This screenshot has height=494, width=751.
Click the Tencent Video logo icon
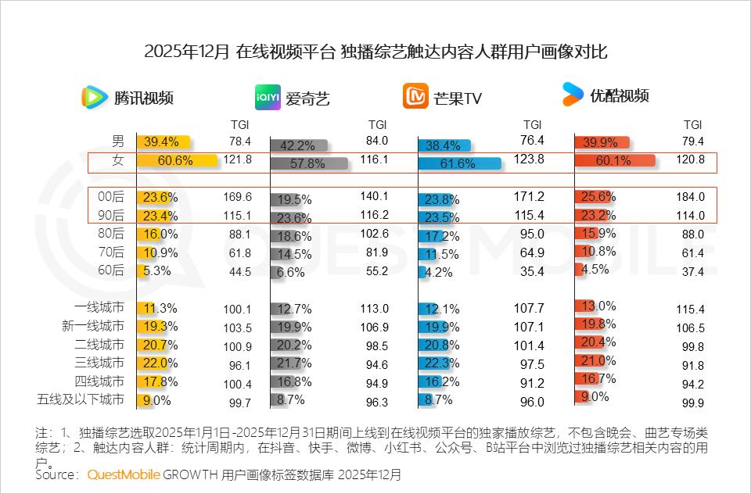[x=95, y=97]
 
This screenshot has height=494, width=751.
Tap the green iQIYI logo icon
[x=268, y=98]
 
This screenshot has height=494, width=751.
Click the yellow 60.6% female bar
[x=177, y=161]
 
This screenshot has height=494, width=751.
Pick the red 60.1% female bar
[x=614, y=161]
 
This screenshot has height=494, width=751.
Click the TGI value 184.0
[x=691, y=197]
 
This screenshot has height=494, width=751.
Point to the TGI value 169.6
[x=235, y=197]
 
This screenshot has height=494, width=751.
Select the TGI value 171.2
[x=533, y=197]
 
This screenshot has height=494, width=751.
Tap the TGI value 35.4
[x=533, y=272]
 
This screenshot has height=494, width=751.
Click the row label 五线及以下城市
[x=81, y=400]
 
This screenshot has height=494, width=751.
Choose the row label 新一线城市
[x=92, y=326]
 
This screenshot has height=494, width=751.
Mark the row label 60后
[x=113, y=270]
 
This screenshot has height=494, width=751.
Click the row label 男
[x=118, y=141]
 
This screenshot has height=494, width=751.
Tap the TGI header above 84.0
[x=378, y=124]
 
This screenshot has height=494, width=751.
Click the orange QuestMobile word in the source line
[x=124, y=474]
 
